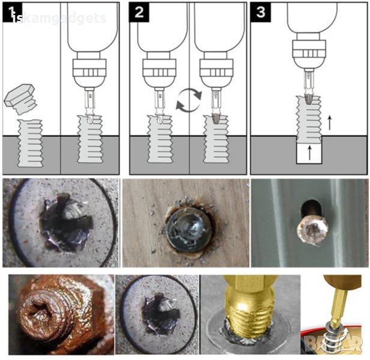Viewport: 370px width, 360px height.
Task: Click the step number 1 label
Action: (12, 12)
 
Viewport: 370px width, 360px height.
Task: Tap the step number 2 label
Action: (139, 12)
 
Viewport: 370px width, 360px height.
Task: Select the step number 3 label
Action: (259, 12)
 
